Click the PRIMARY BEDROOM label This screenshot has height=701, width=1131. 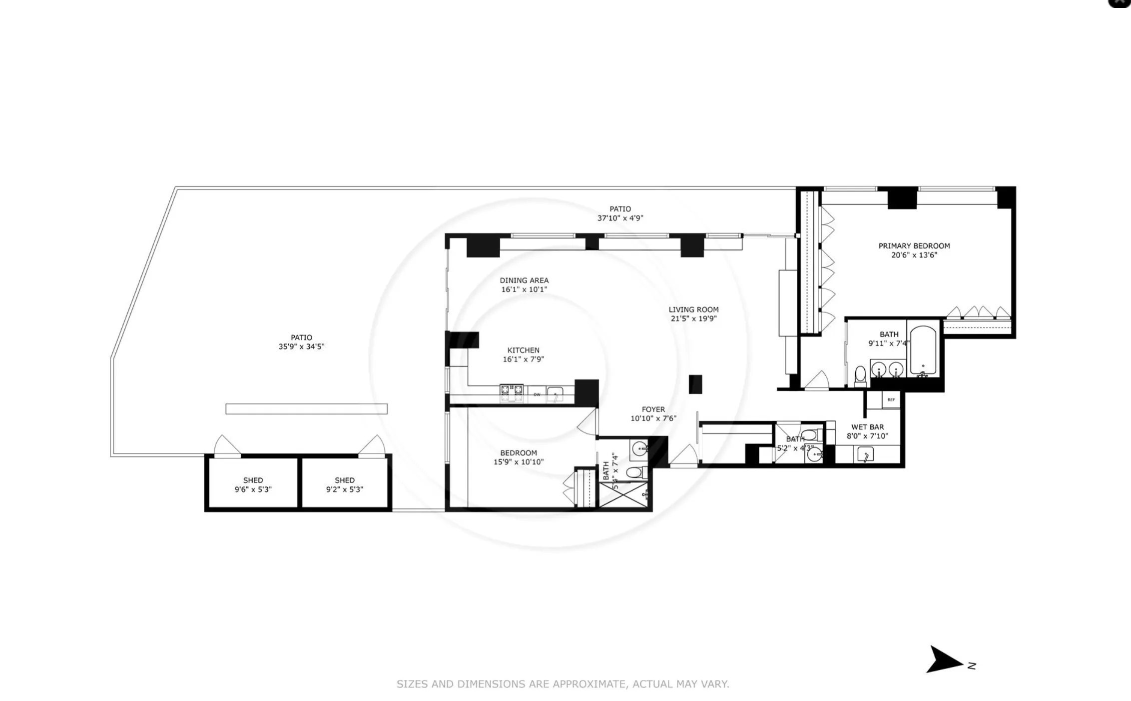(x=914, y=246)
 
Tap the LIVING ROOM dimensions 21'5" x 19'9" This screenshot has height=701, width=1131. (x=693, y=318)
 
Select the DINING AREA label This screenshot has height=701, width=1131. (x=524, y=280)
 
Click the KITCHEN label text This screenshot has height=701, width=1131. (x=523, y=350)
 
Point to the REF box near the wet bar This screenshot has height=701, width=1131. (x=891, y=399)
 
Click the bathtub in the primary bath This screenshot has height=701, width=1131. (x=923, y=351)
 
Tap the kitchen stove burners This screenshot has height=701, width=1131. (x=512, y=393)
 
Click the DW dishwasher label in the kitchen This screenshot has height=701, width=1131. (x=537, y=394)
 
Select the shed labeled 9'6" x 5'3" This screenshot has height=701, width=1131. (x=253, y=484)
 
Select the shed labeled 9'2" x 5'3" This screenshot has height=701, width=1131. (x=345, y=484)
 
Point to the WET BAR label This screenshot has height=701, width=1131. (x=867, y=427)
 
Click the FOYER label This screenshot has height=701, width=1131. (x=653, y=409)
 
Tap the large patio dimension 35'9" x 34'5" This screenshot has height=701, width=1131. (x=301, y=346)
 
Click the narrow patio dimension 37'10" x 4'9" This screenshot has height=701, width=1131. (x=620, y=218)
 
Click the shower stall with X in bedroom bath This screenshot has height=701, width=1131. (x=622, y=494)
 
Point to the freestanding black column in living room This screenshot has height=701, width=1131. (x=695, y=384)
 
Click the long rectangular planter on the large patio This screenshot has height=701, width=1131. (x=306, y=409)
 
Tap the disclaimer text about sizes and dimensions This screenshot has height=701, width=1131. (x=563, y=684)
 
